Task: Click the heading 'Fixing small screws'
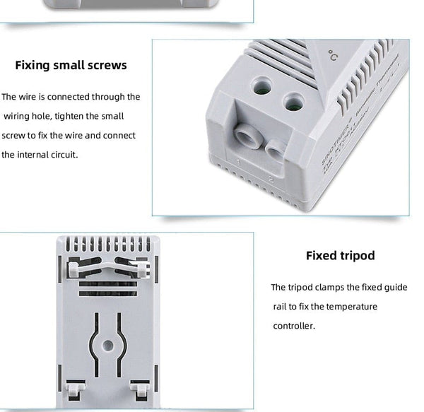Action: click(x=71, y=65)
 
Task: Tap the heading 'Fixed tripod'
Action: click(x=340, y=255)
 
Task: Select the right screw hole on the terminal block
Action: click(x=293, y=102)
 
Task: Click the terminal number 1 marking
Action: click(x=239, y=163)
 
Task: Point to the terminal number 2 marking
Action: click(x=271, y=179)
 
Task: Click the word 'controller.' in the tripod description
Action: click(x=294, y=326)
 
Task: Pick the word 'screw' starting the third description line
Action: click(x=14, y=135)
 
